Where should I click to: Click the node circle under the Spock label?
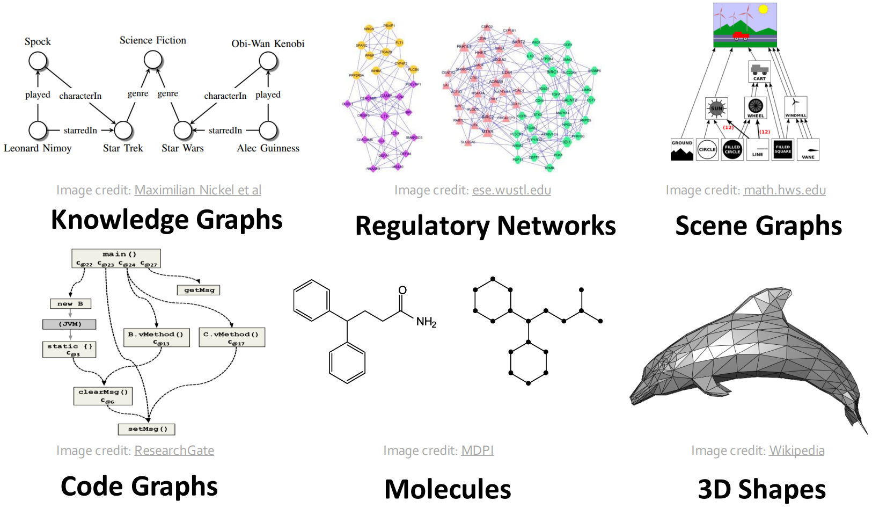coord(38,61)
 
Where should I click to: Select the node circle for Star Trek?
coord(123,130)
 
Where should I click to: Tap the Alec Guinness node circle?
coord(268,130)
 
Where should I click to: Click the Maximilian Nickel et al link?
coord(197,190)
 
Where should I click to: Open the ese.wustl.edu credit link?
coord(511,190)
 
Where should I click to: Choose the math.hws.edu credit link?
coord(784,190)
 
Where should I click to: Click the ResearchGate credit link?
coord(174,451)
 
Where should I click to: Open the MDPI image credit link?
coord(477,451)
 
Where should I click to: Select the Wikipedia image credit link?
coord(796,451)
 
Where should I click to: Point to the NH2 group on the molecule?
coord(426,322)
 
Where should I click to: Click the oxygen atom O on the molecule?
coord(402,291)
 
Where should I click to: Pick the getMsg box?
coord(199,290)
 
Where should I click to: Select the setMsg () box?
coord(147,429)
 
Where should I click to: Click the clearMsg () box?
coord(103,396)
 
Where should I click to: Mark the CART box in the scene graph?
coord(759,71)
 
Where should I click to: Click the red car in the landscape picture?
coord(741,36)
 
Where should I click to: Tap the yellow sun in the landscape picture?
coord(764,9)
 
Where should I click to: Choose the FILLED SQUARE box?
coord(782,149)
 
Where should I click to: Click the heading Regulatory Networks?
coord(485,226)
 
